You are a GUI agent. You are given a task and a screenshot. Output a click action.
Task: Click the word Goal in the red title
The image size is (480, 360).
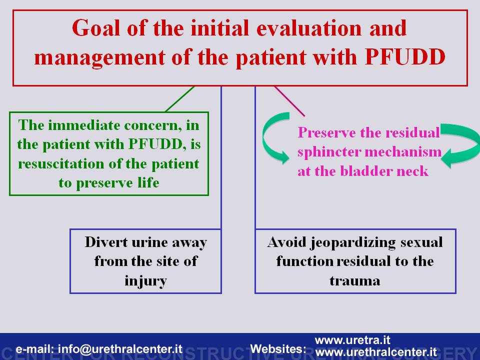tap(96, 28)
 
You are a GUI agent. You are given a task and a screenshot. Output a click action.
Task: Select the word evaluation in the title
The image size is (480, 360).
tap(309, 28)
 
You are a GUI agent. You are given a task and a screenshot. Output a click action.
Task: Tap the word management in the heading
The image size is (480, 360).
tap(99, 58)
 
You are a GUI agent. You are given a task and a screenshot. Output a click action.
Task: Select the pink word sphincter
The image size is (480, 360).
tap(329, 152)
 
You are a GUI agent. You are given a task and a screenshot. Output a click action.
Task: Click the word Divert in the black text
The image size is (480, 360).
tap(106, 242)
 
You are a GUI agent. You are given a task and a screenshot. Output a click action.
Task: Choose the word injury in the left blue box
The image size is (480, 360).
tap(145, 281)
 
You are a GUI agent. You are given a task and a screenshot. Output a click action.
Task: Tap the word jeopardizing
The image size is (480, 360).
tap(354, 243)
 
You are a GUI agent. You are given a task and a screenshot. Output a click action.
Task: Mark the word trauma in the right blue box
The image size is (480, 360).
tap(355, 280)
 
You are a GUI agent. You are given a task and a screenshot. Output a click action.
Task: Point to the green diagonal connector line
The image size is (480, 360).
tap(179, 99)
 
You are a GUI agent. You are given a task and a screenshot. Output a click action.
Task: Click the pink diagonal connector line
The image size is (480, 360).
tap(289, 101)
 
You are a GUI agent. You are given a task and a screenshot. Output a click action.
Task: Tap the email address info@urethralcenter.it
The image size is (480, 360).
tap(120, 349)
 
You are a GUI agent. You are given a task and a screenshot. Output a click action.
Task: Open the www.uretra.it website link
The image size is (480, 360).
tap(352, 340)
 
